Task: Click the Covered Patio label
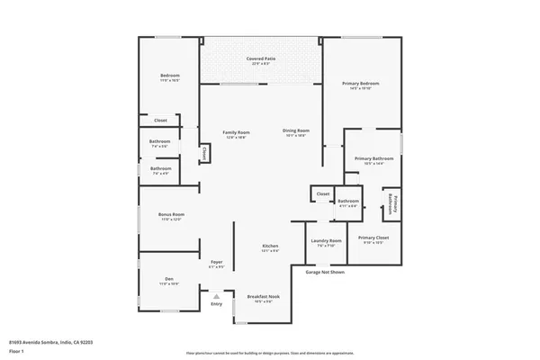click(x=261, y=58)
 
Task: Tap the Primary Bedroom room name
click(x=360, y=84)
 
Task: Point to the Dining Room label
click(x=295, y=132)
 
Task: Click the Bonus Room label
click(x=171, y=214)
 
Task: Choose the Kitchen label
click(x=270, y=246)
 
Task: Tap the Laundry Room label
click(x=326, y=240)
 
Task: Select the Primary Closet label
click(x=373, y=238)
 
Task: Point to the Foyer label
click(x=216, y=262)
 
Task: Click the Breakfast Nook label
click(x=263, y=297)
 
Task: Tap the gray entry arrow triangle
click(x=216, y=295)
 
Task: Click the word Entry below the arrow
click(x=216, y=304)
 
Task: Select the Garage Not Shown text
click(x=325, y=271)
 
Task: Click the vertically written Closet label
click(x=204, y=154)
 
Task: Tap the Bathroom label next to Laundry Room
click(x=347, y=201)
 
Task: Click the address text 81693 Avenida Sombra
click(x=51, y=342)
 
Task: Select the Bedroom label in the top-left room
click(x=170, y=75)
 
